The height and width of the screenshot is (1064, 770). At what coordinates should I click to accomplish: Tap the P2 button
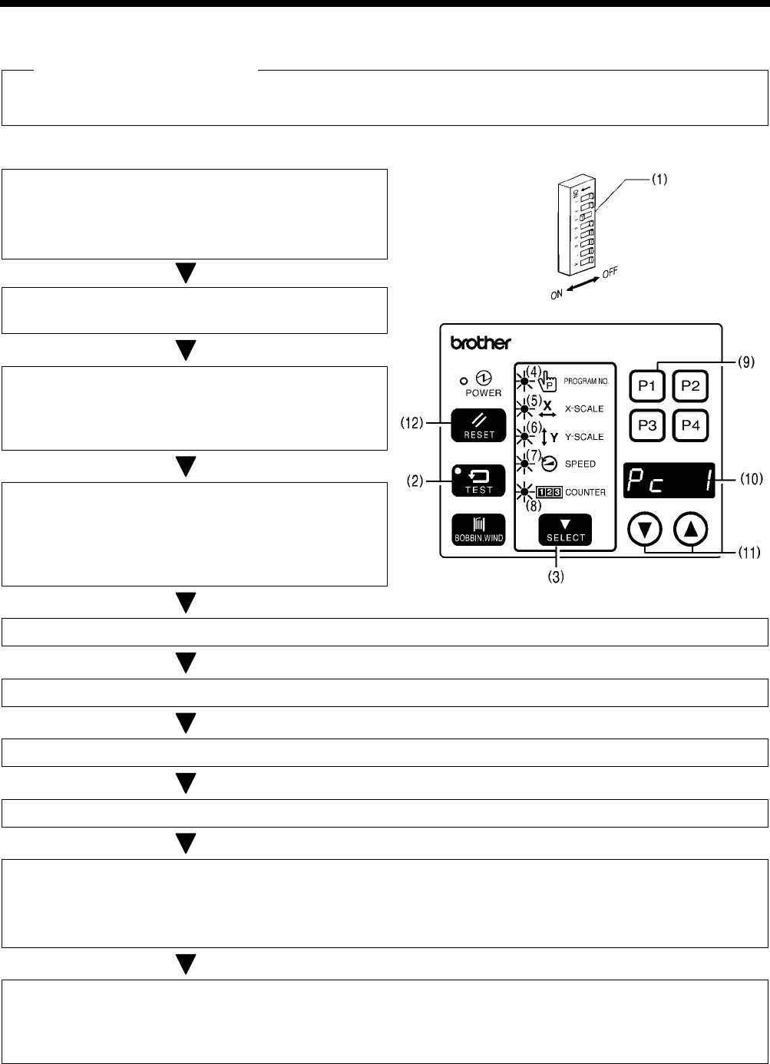[690, 385]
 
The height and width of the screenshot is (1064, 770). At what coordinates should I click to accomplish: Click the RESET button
[478, 425]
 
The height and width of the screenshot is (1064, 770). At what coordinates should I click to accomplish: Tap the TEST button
[478, 480]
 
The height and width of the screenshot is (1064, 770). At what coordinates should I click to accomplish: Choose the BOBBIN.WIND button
[478, 529]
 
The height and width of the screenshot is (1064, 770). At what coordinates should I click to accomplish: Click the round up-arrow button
[691, 528]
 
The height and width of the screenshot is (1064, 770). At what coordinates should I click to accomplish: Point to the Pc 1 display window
[669, 480]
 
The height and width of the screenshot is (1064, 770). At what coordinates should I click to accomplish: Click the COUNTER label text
[586, 492]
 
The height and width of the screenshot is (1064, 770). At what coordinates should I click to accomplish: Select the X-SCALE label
[584, 409]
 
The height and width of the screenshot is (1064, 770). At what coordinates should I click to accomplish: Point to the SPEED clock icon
[550, 464]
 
